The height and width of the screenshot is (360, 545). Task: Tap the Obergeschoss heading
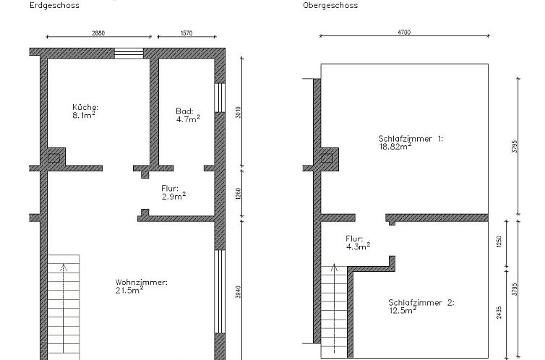pos(330,6)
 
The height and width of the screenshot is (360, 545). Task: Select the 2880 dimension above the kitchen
pos(98,33)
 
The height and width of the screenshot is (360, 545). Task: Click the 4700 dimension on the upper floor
pos(404,33)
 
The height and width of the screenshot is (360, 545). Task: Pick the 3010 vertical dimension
pos(238,113)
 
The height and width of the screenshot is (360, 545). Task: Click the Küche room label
pos(85,107)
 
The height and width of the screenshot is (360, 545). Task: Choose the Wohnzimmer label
pos(141,282)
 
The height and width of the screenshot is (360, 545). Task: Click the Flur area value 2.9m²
pos(173,197)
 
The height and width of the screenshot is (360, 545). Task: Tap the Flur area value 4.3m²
pos(358,246)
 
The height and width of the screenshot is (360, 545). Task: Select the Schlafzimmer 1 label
pos(410,137)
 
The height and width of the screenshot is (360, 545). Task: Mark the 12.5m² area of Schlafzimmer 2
pos(403,311)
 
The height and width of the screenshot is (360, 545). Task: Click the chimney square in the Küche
pos(54,158)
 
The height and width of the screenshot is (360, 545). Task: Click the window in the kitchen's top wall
pos(129,52)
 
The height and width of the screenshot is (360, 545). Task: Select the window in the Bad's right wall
pos(219,107)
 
